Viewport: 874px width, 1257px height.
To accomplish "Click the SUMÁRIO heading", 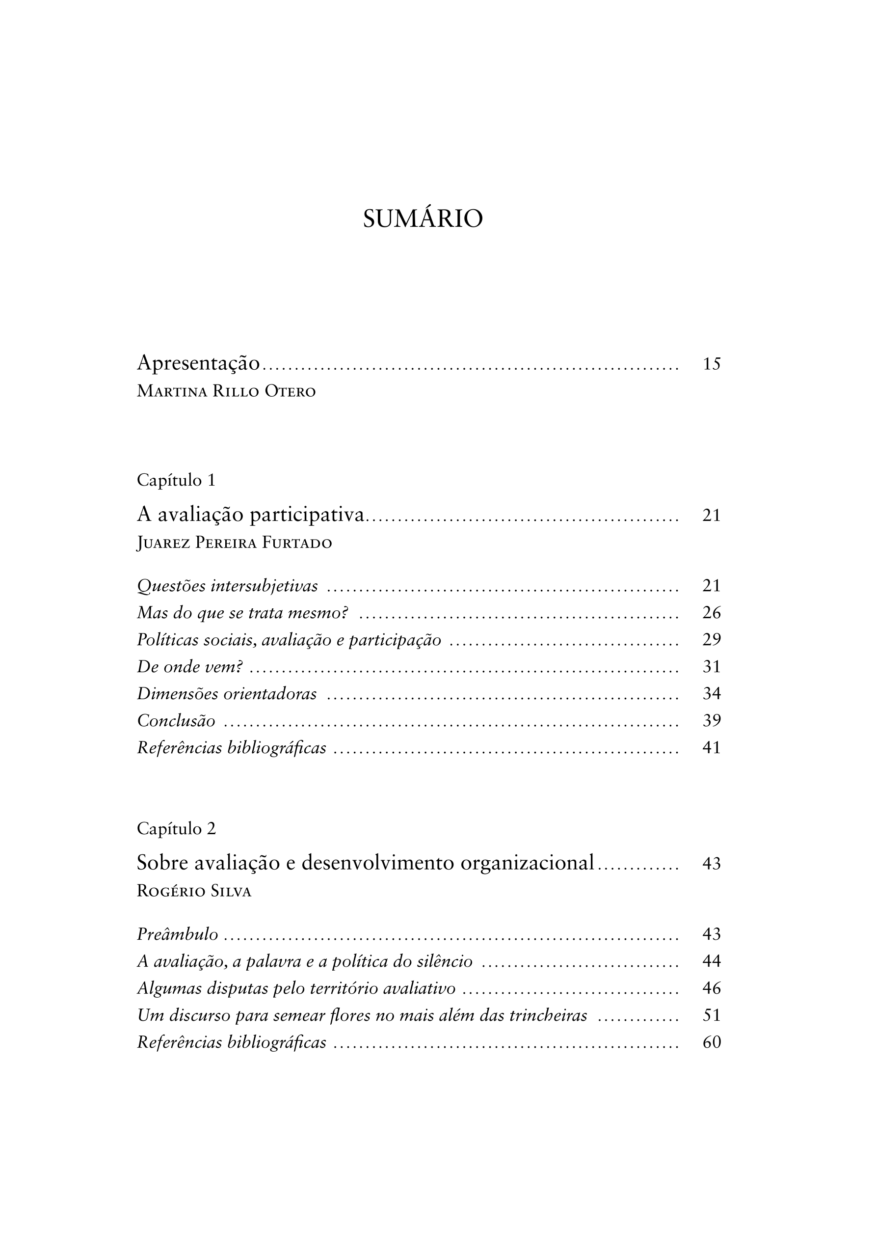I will click(x=423, y=219).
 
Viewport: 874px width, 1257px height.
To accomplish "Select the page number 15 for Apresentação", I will click(x=712, y=364).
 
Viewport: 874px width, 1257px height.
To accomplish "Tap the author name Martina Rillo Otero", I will click(x=226, y=392).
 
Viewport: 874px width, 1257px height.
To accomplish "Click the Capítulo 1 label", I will click(x=176, y=480).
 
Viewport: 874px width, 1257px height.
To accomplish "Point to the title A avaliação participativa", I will click(x=250, y=515).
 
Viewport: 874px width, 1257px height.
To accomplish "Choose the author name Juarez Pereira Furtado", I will click(x=234, y=543).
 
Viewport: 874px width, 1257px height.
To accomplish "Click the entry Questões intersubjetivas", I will click(x=227, y=586).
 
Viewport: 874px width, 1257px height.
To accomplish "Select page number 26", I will click(x=712, y=613).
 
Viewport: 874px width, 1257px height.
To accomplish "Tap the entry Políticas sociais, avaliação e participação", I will click(x=289, y=639).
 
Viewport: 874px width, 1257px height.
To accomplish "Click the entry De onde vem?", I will click(x=189, y=666).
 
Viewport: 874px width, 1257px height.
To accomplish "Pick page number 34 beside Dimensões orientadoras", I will click(x=712, y=694).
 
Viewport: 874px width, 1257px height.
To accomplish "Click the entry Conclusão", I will click(x=176, y=720).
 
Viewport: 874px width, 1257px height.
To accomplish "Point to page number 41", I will click(x=712, y=747).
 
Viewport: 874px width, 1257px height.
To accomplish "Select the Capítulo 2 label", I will click(x=176, y=829).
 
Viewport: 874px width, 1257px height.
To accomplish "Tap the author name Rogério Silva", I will click(x=194, y=891).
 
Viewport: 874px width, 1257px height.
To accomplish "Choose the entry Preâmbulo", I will click(x=177, y=934).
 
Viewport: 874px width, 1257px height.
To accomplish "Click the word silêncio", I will click(x=445, y=961).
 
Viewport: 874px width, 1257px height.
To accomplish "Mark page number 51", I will click(x=712, y=1015).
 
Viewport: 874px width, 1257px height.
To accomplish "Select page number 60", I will click(x=712, y=1042).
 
